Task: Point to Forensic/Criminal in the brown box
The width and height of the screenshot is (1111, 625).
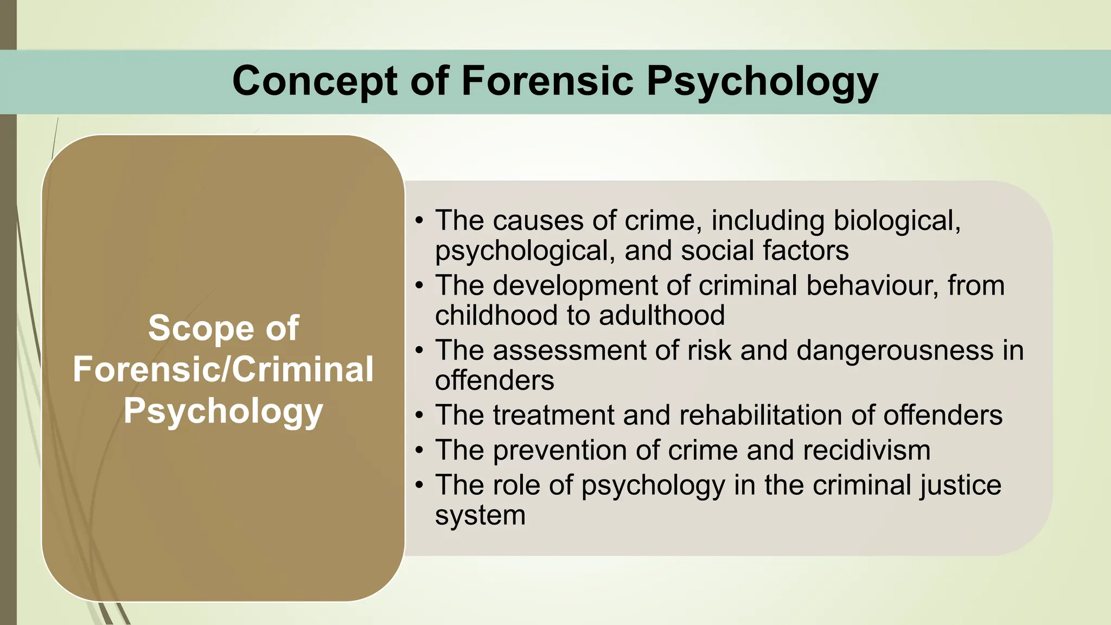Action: coord(223,369)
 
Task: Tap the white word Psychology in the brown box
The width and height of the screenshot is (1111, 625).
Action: coord(223,411)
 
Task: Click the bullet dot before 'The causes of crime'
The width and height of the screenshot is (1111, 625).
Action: coord(419,221)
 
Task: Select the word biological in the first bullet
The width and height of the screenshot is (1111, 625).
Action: coord(896,220)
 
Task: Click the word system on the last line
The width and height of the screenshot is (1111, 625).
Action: coord(480,515)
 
